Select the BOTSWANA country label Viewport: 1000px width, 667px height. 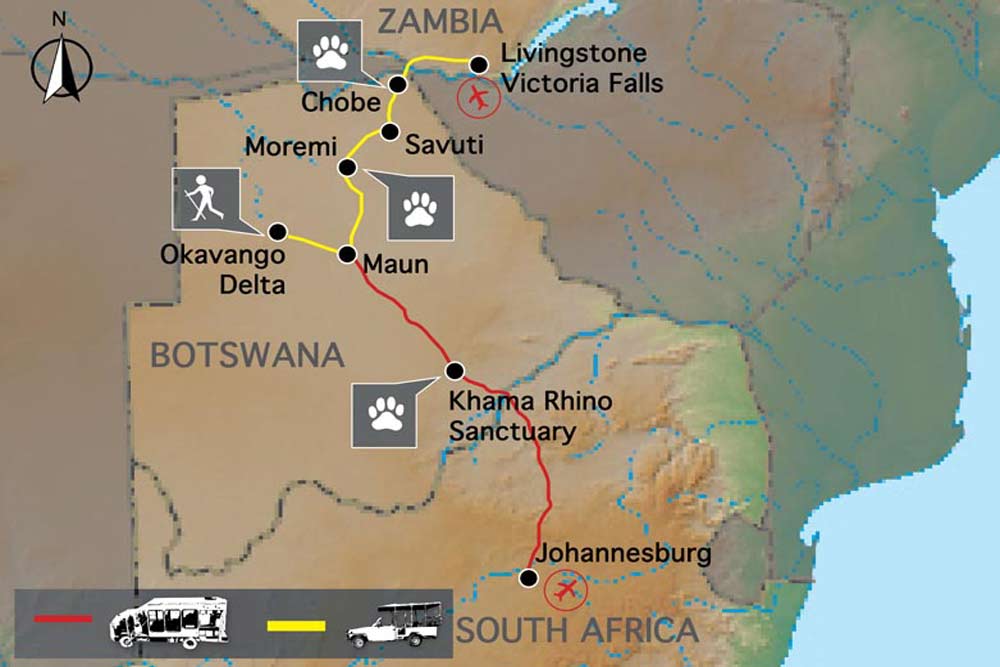pyautogui.click(x=247, y=354)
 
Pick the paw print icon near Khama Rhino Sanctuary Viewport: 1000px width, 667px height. pyautogui.click(x=385, y=412)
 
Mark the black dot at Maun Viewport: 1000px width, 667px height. pyautogui.click(x=348, y=254)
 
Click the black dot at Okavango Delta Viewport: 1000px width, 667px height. pyautogui.click(x=278, y=231)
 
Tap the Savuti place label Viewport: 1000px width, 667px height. pyautogui.click(x=444, y=145)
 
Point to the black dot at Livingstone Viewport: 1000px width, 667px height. pyautogui.click(x=479, y=64)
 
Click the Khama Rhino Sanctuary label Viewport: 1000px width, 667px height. pyautogui.click(x=513, y=417)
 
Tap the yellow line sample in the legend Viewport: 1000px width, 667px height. pyautogui.click(x=297, y=625)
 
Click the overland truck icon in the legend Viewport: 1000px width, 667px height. pyautogui.click(x=167, y=621)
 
